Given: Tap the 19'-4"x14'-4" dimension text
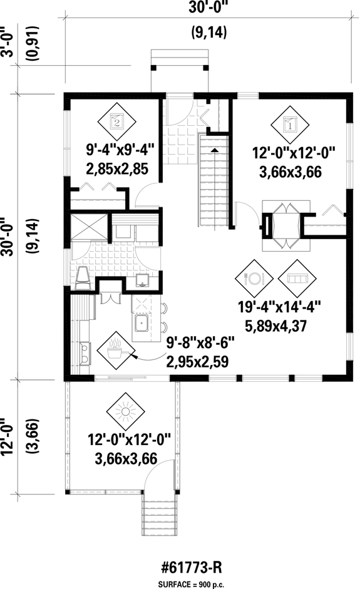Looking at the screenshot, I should coord(286,307).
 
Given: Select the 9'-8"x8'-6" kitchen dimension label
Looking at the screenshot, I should coord(200,344).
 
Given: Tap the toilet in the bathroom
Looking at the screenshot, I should coord(83,277).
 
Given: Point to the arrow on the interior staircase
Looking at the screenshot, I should coord(214,151).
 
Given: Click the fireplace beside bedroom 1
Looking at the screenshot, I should coord(267,225).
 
